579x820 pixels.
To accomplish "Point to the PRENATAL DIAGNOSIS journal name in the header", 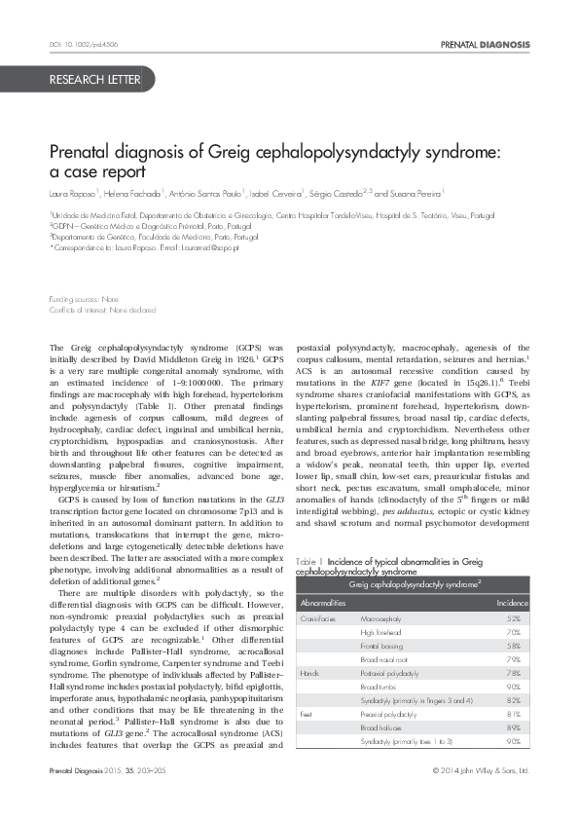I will pyautogui.click(x=485, y=45).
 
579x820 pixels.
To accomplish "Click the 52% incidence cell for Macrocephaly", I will pyautogui.click(x=514, y=618).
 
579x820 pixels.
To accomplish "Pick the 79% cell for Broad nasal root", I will pyautogui.click(x=514, y=659).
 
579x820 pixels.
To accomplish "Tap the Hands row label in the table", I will pyautogui.click(x=309, y=673).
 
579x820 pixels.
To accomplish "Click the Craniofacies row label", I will pyautogui.click(x=318, y=618).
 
